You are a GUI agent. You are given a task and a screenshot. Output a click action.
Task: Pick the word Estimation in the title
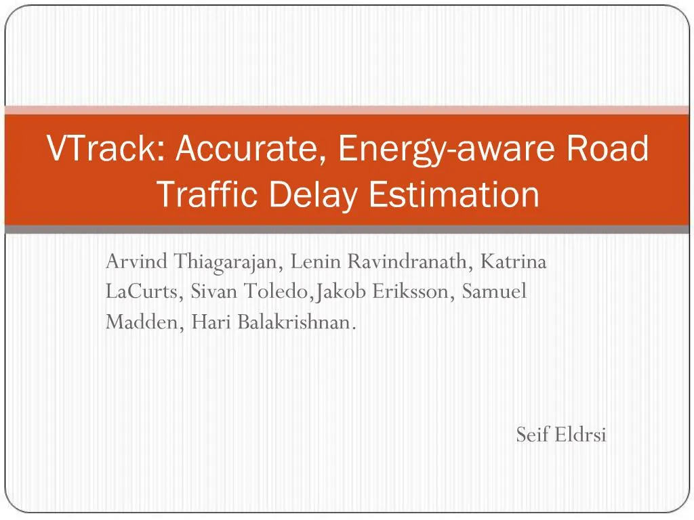point(454,194)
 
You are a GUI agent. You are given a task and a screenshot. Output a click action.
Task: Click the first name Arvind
point(137,261)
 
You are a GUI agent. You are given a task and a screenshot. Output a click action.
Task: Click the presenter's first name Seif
point(531,434)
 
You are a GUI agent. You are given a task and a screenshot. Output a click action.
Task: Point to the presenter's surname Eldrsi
point(579,434)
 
